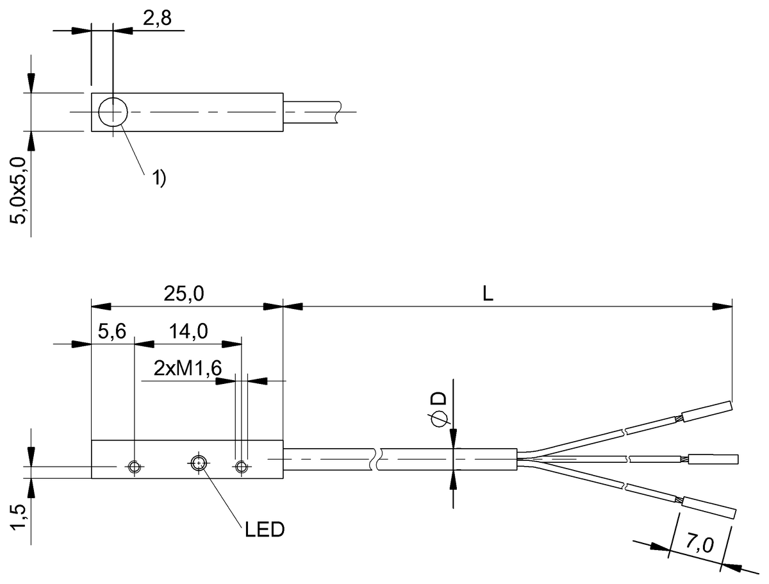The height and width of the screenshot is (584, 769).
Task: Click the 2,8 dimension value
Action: (x=157, y=18)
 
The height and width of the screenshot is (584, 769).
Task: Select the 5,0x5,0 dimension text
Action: (x=18, y=190)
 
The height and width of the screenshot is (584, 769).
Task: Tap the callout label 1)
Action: (x=159, y=178)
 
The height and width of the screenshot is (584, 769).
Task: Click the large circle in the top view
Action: (x=113, y=112)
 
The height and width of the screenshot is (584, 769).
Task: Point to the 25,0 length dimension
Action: (x=184, y=294)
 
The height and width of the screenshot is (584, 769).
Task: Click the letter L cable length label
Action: (x=488, y=294)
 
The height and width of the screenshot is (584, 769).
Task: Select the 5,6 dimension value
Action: (x=112, y=331)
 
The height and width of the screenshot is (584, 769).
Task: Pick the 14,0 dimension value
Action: (x=188, y=331)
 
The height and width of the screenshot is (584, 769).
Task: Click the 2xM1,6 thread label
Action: (x=188, y=368)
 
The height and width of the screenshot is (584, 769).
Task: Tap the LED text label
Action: (x=265, y=530)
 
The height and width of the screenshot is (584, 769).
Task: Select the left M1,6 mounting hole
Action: (x=135, y=467)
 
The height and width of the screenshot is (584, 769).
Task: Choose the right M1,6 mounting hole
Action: (x=241, y=467)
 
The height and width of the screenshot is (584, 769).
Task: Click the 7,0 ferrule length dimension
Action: (x=699, y=544)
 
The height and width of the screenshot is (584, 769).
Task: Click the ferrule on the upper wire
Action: (x=707, y=412)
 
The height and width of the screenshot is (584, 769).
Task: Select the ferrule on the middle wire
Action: (x=713, y=459)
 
